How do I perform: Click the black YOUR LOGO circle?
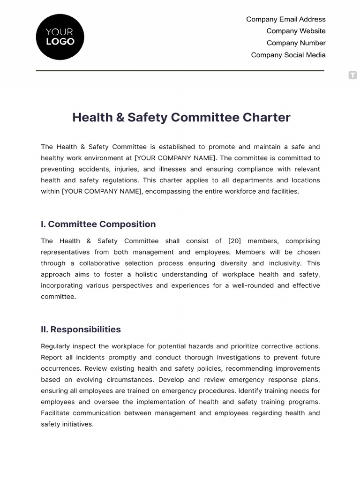click(60, 37)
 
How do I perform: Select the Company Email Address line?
click(285, 19)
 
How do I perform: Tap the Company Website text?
click(296, 31)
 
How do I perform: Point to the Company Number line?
click(296, 43)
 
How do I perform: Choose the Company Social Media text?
click(288, 55)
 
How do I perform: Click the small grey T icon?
click(352, 75)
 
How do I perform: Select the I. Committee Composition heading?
click(98, 224)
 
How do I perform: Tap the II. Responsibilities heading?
click(81, 330)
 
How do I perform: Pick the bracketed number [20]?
click(234, 241)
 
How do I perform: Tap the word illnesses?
click(173, 169)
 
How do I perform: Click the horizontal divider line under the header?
click(180, 71)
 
